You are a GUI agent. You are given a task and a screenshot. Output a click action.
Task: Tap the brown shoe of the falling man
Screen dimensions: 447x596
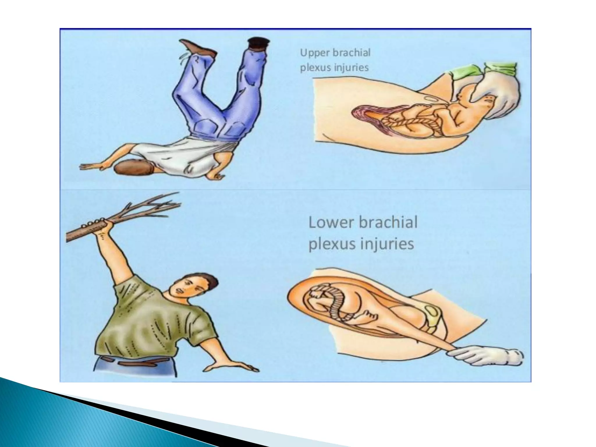coord(198,48)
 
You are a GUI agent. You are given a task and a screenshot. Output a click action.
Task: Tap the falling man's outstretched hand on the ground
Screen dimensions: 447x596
coord(90,166)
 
